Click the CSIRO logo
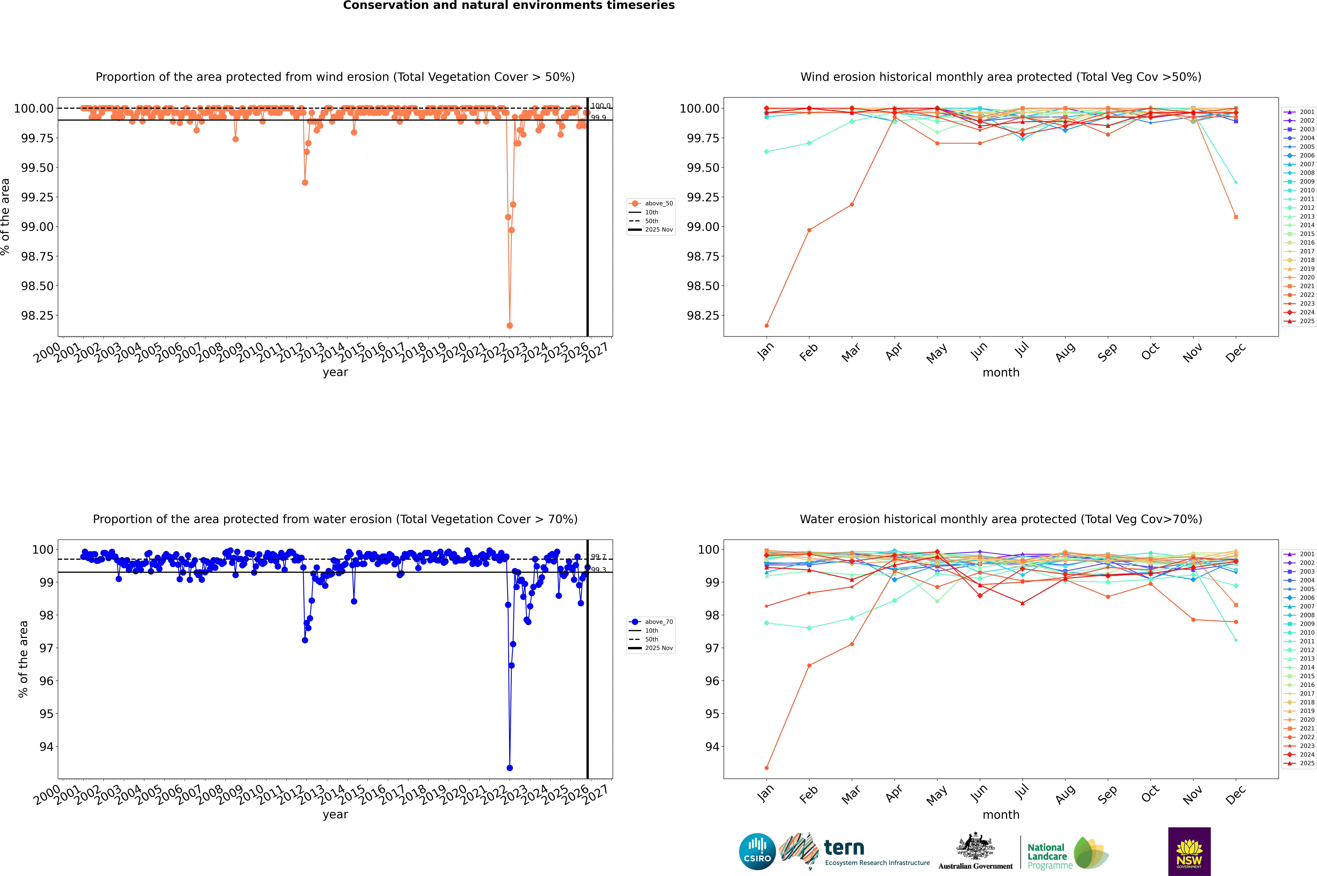click(x=757, y=851)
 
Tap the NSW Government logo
click(x=1189, y=851)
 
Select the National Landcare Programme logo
click(x=1067, y=853)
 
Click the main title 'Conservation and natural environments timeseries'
click(x=509, y=6)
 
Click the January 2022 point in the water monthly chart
click(x=767, y=768)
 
